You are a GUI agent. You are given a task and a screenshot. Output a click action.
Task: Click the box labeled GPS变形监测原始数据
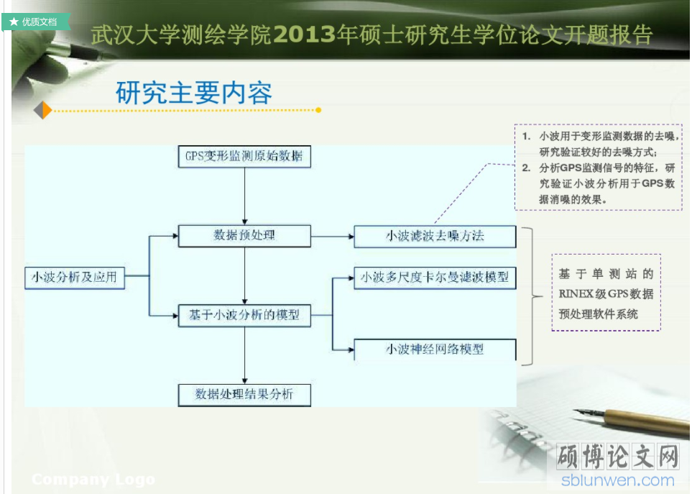click(x=244, y=156)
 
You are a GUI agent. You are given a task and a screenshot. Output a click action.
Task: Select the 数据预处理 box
click(x=244, y=236)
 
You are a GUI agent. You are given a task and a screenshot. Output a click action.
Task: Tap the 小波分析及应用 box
click(x=75, y=278)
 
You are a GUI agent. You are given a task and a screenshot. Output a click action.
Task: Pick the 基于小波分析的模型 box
click(x=244, y=315)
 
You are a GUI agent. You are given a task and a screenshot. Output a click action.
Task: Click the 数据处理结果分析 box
click(x=244, y=395)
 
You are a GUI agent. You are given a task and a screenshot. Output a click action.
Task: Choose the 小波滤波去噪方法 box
click(x=435, y=236)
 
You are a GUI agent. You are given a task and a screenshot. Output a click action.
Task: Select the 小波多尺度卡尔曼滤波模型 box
click(x=435, y=278)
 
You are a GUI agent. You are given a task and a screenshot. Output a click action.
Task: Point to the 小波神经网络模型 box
click(x=435, y=349)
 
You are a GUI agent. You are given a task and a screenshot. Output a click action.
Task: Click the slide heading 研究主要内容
click(x=194, y=93)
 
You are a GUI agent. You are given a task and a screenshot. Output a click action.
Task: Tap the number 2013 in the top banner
click(x=305, y=35)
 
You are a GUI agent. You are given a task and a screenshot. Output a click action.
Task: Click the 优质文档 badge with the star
click(x=35, y=22)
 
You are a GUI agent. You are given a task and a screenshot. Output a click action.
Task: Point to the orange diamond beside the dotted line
click(x=43, y=110)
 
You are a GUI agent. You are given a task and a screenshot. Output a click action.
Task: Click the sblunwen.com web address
click(x=618, y=480)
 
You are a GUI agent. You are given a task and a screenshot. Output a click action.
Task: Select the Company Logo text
click(x=93, y=480)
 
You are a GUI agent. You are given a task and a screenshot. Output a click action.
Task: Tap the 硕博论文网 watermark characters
click(x=618, y=456)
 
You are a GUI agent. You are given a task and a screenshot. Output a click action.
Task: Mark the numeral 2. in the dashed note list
click(x=526, y=168)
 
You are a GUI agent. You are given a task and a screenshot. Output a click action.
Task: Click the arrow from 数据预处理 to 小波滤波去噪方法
click(x=333, y=237)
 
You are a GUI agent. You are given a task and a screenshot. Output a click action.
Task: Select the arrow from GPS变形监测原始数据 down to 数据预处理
click(x=244, y=196)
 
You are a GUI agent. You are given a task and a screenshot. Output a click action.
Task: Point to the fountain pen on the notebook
click(x=631, y=420)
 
